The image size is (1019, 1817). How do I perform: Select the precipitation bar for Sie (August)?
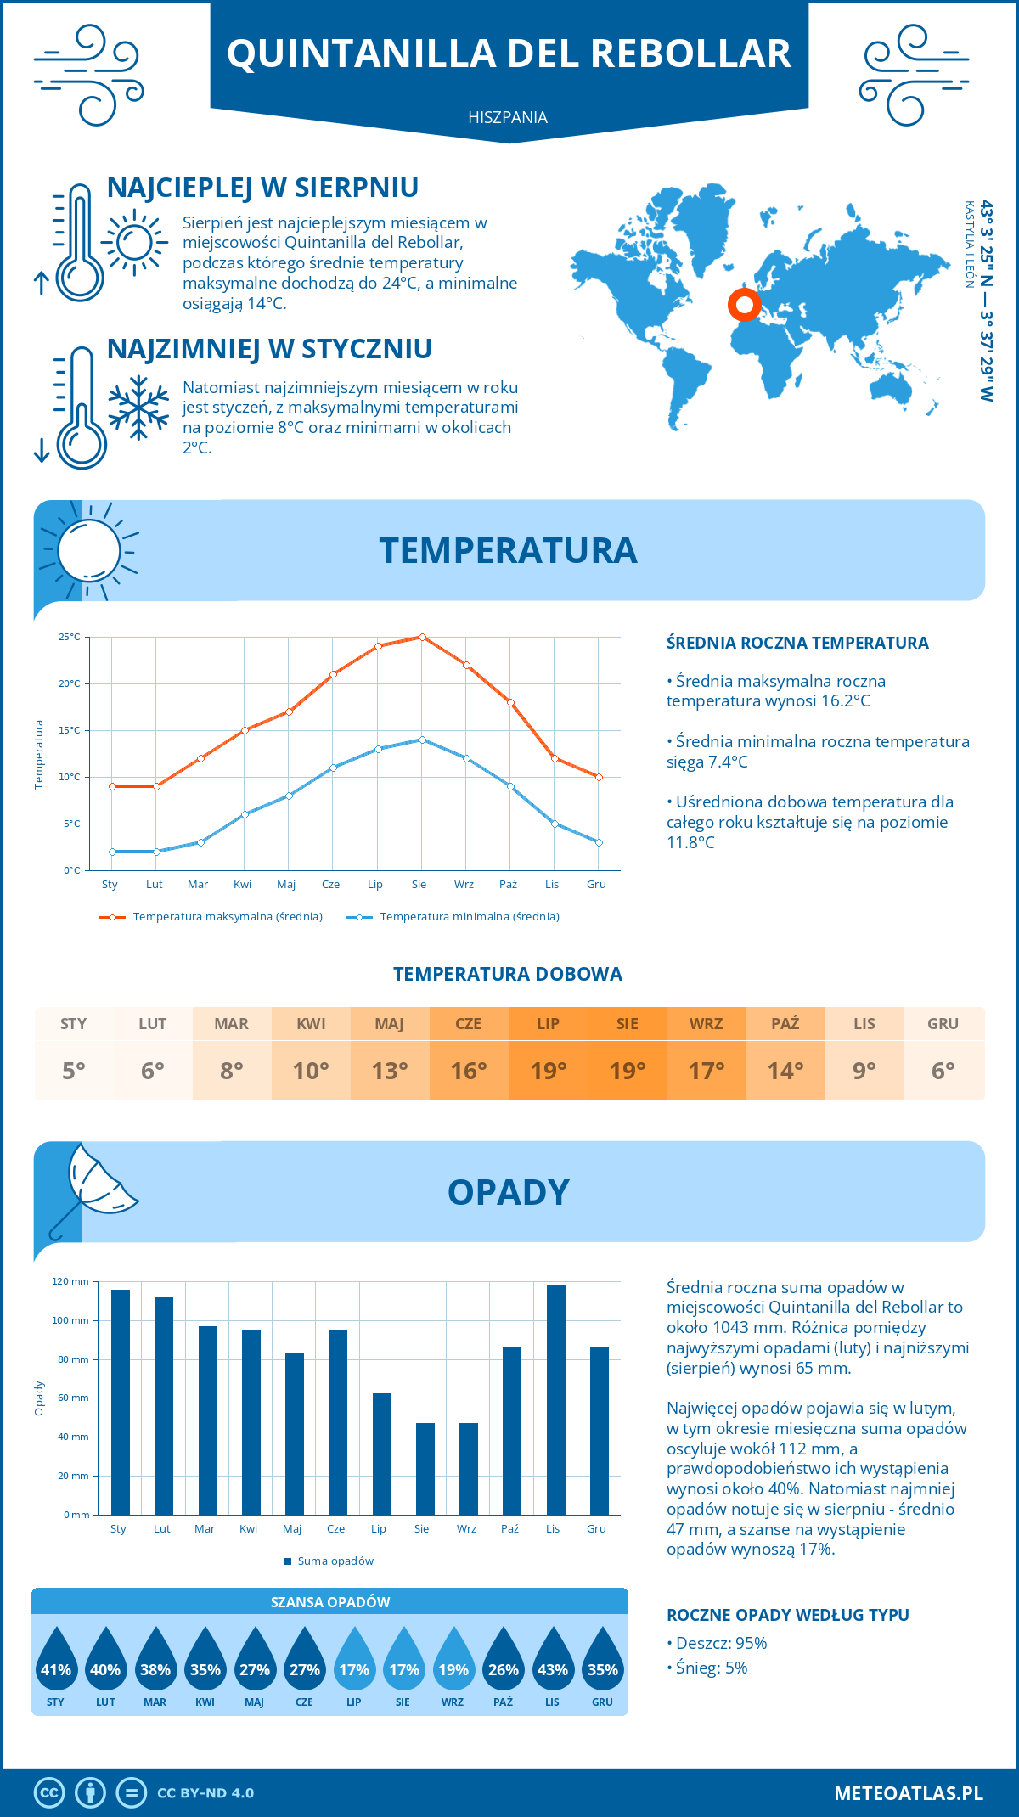tap(425, 1469)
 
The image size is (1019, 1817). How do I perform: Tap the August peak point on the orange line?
tap(422, 637)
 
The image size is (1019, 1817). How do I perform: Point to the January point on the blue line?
tap(112, 852)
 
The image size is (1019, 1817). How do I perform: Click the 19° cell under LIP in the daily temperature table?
tap(548, 1071)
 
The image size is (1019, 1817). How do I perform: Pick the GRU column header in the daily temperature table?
tap(943, 1024)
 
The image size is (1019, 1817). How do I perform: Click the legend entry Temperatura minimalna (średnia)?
tap(469, 917)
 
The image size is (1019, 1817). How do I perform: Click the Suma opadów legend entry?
tap(335, 1561)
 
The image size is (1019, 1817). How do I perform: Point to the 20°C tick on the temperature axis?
tap(70, 683)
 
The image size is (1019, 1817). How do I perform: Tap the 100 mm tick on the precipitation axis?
tap(70, 1320)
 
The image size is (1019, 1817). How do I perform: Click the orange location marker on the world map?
tap(745, 304)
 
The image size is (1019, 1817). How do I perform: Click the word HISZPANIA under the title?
tap(508, 117)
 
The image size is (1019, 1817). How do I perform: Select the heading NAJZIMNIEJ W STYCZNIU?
tap(269, 349)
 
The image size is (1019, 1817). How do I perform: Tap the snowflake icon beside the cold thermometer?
tap(138, 408)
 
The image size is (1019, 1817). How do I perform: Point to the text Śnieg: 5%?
tap(712, 1668)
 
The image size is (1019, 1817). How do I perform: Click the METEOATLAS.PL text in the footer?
tap(908, 1793)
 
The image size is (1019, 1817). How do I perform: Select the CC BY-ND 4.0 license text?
tap(205, 1793)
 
